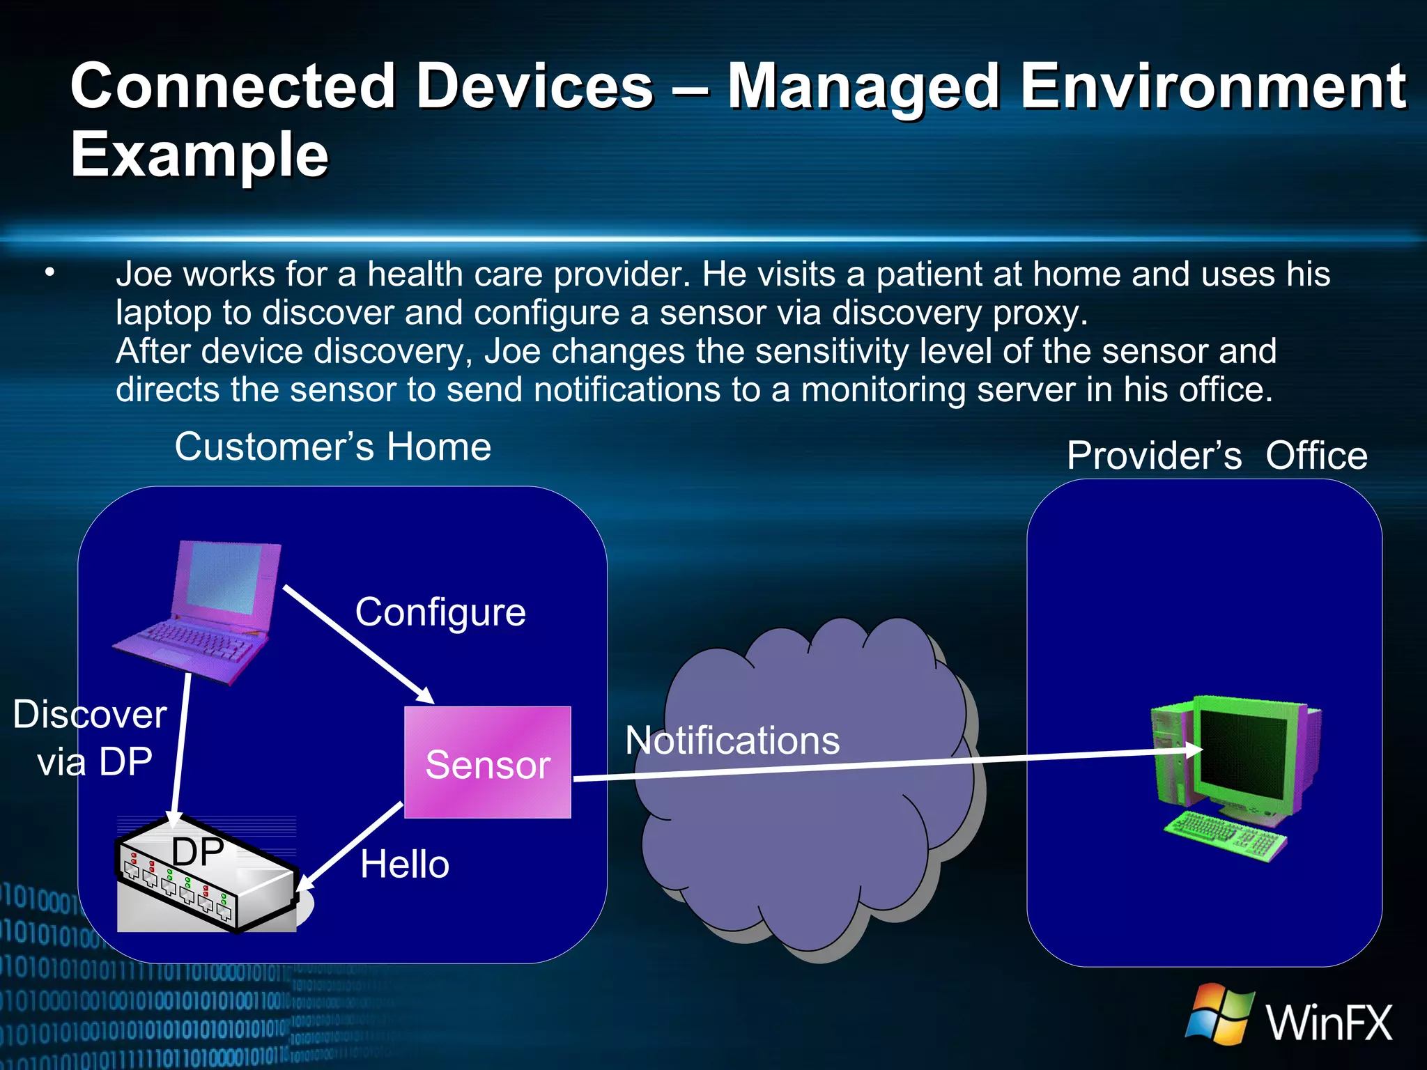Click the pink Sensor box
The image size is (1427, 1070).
click(488, 762)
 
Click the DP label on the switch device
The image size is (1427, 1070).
click(198, 851)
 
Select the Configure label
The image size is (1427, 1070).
click(440, 612)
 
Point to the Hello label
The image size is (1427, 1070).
click(405, 864)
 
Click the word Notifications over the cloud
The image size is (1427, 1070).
click(732, 740)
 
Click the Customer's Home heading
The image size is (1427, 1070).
click(333, 447)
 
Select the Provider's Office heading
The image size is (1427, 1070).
click(1217, 456)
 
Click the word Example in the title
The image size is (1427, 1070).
click(199, 155)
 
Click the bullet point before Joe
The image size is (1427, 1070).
click(49, 273)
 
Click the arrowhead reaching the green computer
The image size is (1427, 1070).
click(1194, 750)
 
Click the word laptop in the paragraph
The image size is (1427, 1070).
click(163, 313)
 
